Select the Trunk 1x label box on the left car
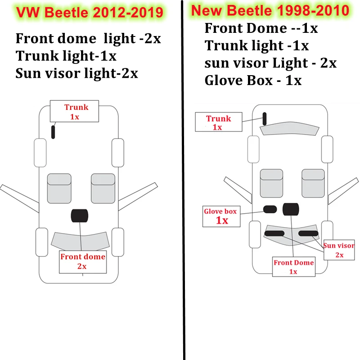(x=76, y=112)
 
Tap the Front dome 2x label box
(x=83, y=261)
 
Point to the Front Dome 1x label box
(x=293, y=266)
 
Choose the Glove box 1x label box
(x=221, y=216)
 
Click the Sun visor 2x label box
(x=339, y=250)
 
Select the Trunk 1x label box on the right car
(x=218, y=122)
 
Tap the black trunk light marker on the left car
(x=53, y=132)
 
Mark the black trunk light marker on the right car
(x=265, y=119)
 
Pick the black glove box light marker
(x=270, y=209)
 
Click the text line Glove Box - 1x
(x=253, y=81)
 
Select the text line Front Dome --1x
(x=261, y=28)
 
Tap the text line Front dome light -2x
(x=88, y=38)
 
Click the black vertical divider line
(x=184, y=180)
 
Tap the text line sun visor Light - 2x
(x=270, y=63)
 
